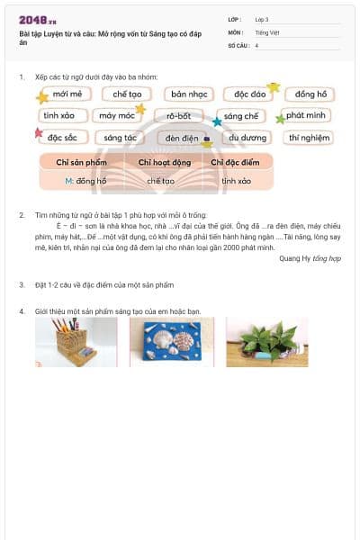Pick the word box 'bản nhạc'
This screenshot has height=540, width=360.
coord(190,94)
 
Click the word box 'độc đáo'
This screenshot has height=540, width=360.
coord(250,94)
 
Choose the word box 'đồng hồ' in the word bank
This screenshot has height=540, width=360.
coord(310,94)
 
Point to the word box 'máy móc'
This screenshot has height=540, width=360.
coord(118,115)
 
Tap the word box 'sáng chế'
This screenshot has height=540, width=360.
coord(241,116)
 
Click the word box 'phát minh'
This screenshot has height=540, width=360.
coord(305,115)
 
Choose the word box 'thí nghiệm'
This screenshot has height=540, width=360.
coord(309,138)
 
